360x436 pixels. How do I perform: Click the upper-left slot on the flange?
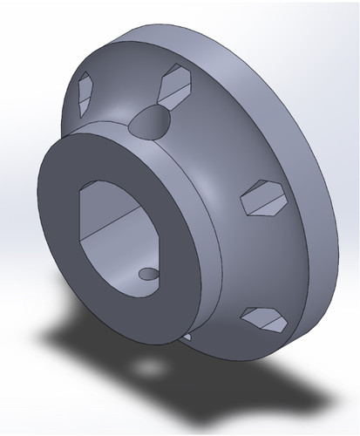88,93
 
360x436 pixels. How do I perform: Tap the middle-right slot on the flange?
262,197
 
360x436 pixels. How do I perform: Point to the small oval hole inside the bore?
149,275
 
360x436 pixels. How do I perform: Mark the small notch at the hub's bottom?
188,335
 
